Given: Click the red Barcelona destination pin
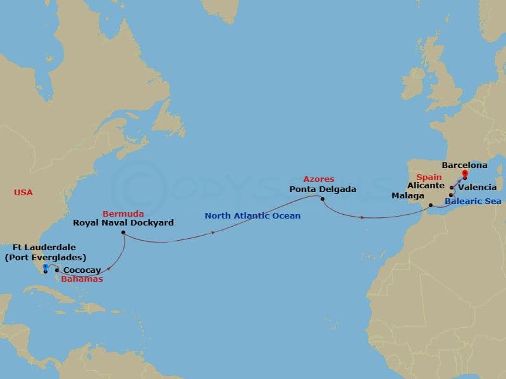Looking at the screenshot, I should click(464, 173).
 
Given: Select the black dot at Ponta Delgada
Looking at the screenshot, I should click(323, 200).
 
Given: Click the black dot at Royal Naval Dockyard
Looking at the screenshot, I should click(122, 233).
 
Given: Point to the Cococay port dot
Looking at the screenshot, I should click(58, 270).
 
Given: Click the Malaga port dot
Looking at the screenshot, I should click(431, 205).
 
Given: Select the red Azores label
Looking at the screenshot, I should click(319, 179).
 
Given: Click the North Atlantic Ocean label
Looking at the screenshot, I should click(252, 216).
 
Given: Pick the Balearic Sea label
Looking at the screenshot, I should click(473, 202).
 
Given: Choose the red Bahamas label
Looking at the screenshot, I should click(82, 279).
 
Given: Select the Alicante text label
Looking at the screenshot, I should click(426, 188).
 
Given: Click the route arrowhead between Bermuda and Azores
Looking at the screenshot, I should click(213, 232).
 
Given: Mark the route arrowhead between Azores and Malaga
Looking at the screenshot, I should click(363, 217).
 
